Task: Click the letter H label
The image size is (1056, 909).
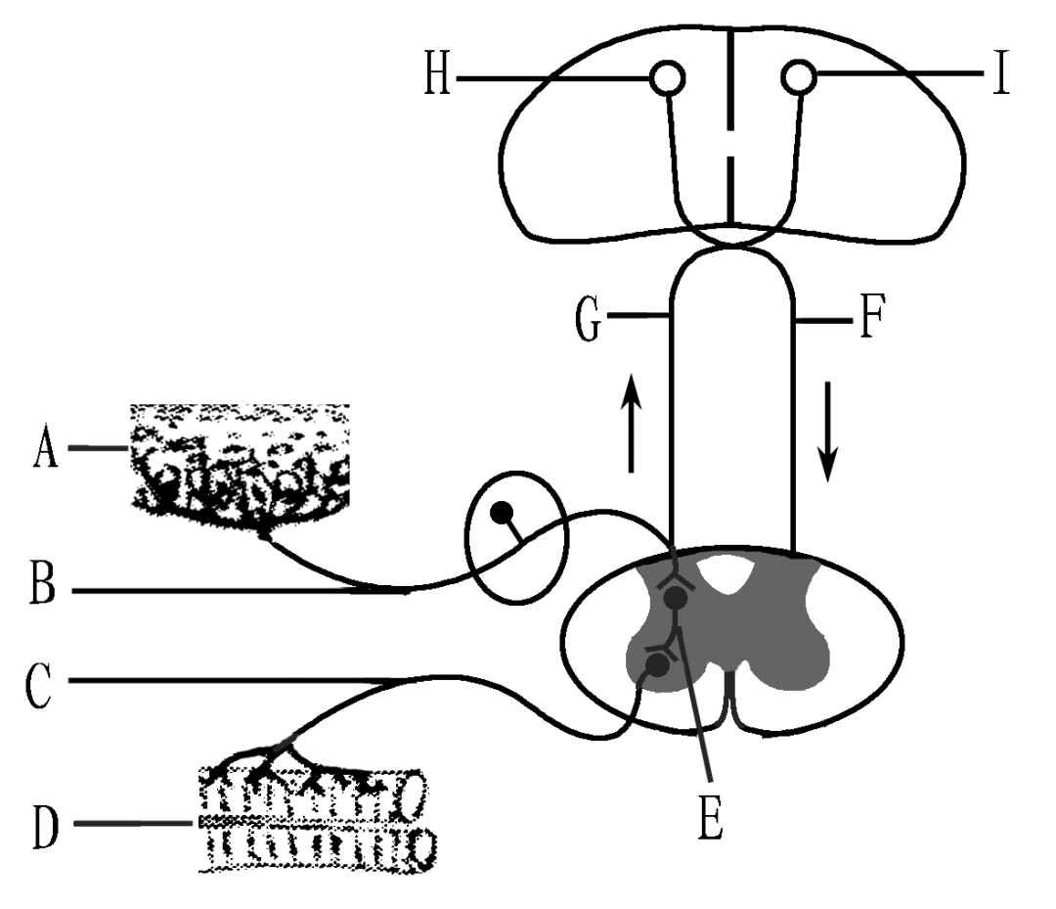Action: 436,77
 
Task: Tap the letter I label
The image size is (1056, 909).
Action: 998,76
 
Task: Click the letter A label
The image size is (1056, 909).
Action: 45,451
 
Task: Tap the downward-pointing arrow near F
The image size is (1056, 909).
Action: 828,431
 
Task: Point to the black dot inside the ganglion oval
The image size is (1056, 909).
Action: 502,511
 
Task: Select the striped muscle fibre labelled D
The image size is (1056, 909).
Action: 313,823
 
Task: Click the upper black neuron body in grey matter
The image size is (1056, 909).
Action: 676,596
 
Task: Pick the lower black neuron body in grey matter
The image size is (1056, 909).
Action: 658,665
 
